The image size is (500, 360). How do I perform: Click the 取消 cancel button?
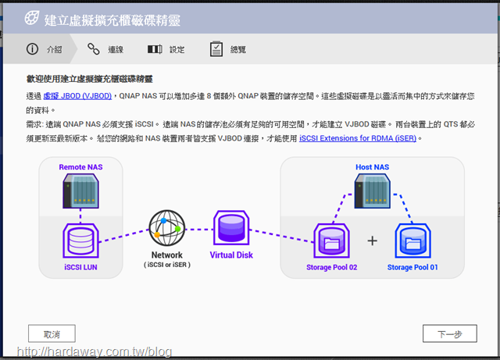[x=52, y=333]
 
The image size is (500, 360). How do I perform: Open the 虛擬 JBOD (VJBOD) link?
[x=77, y=96]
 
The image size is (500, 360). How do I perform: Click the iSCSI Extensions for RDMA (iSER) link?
[x=358, y=138]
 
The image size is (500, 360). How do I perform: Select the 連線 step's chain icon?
[x=94, y=49]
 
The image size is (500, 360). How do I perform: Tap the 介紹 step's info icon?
[x=32, y=49]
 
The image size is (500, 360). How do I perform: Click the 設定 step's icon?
[x=155, y=49]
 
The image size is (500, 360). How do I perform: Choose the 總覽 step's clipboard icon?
[x=216, y=48]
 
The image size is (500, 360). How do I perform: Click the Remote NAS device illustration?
[x=80, y=191]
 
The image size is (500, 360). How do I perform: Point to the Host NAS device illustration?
[x=372, y=191]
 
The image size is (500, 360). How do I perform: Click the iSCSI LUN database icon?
[x=80, y=241]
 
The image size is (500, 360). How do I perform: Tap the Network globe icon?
[x=167, y=228]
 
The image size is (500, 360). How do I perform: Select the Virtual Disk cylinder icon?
[x=231, y=228]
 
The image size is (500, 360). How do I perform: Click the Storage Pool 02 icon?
[x=331, y=241]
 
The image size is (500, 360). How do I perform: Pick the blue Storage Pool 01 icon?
[x=413, y=241]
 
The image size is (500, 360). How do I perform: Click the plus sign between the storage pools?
[x=372, y=241]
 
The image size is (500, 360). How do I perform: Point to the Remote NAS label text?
[x=80, y=167]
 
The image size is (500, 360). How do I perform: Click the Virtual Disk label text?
[x=231, y=255]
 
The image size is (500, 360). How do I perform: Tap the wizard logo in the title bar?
[x=32, y=18]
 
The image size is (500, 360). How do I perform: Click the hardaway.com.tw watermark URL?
[x=95, y=351]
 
